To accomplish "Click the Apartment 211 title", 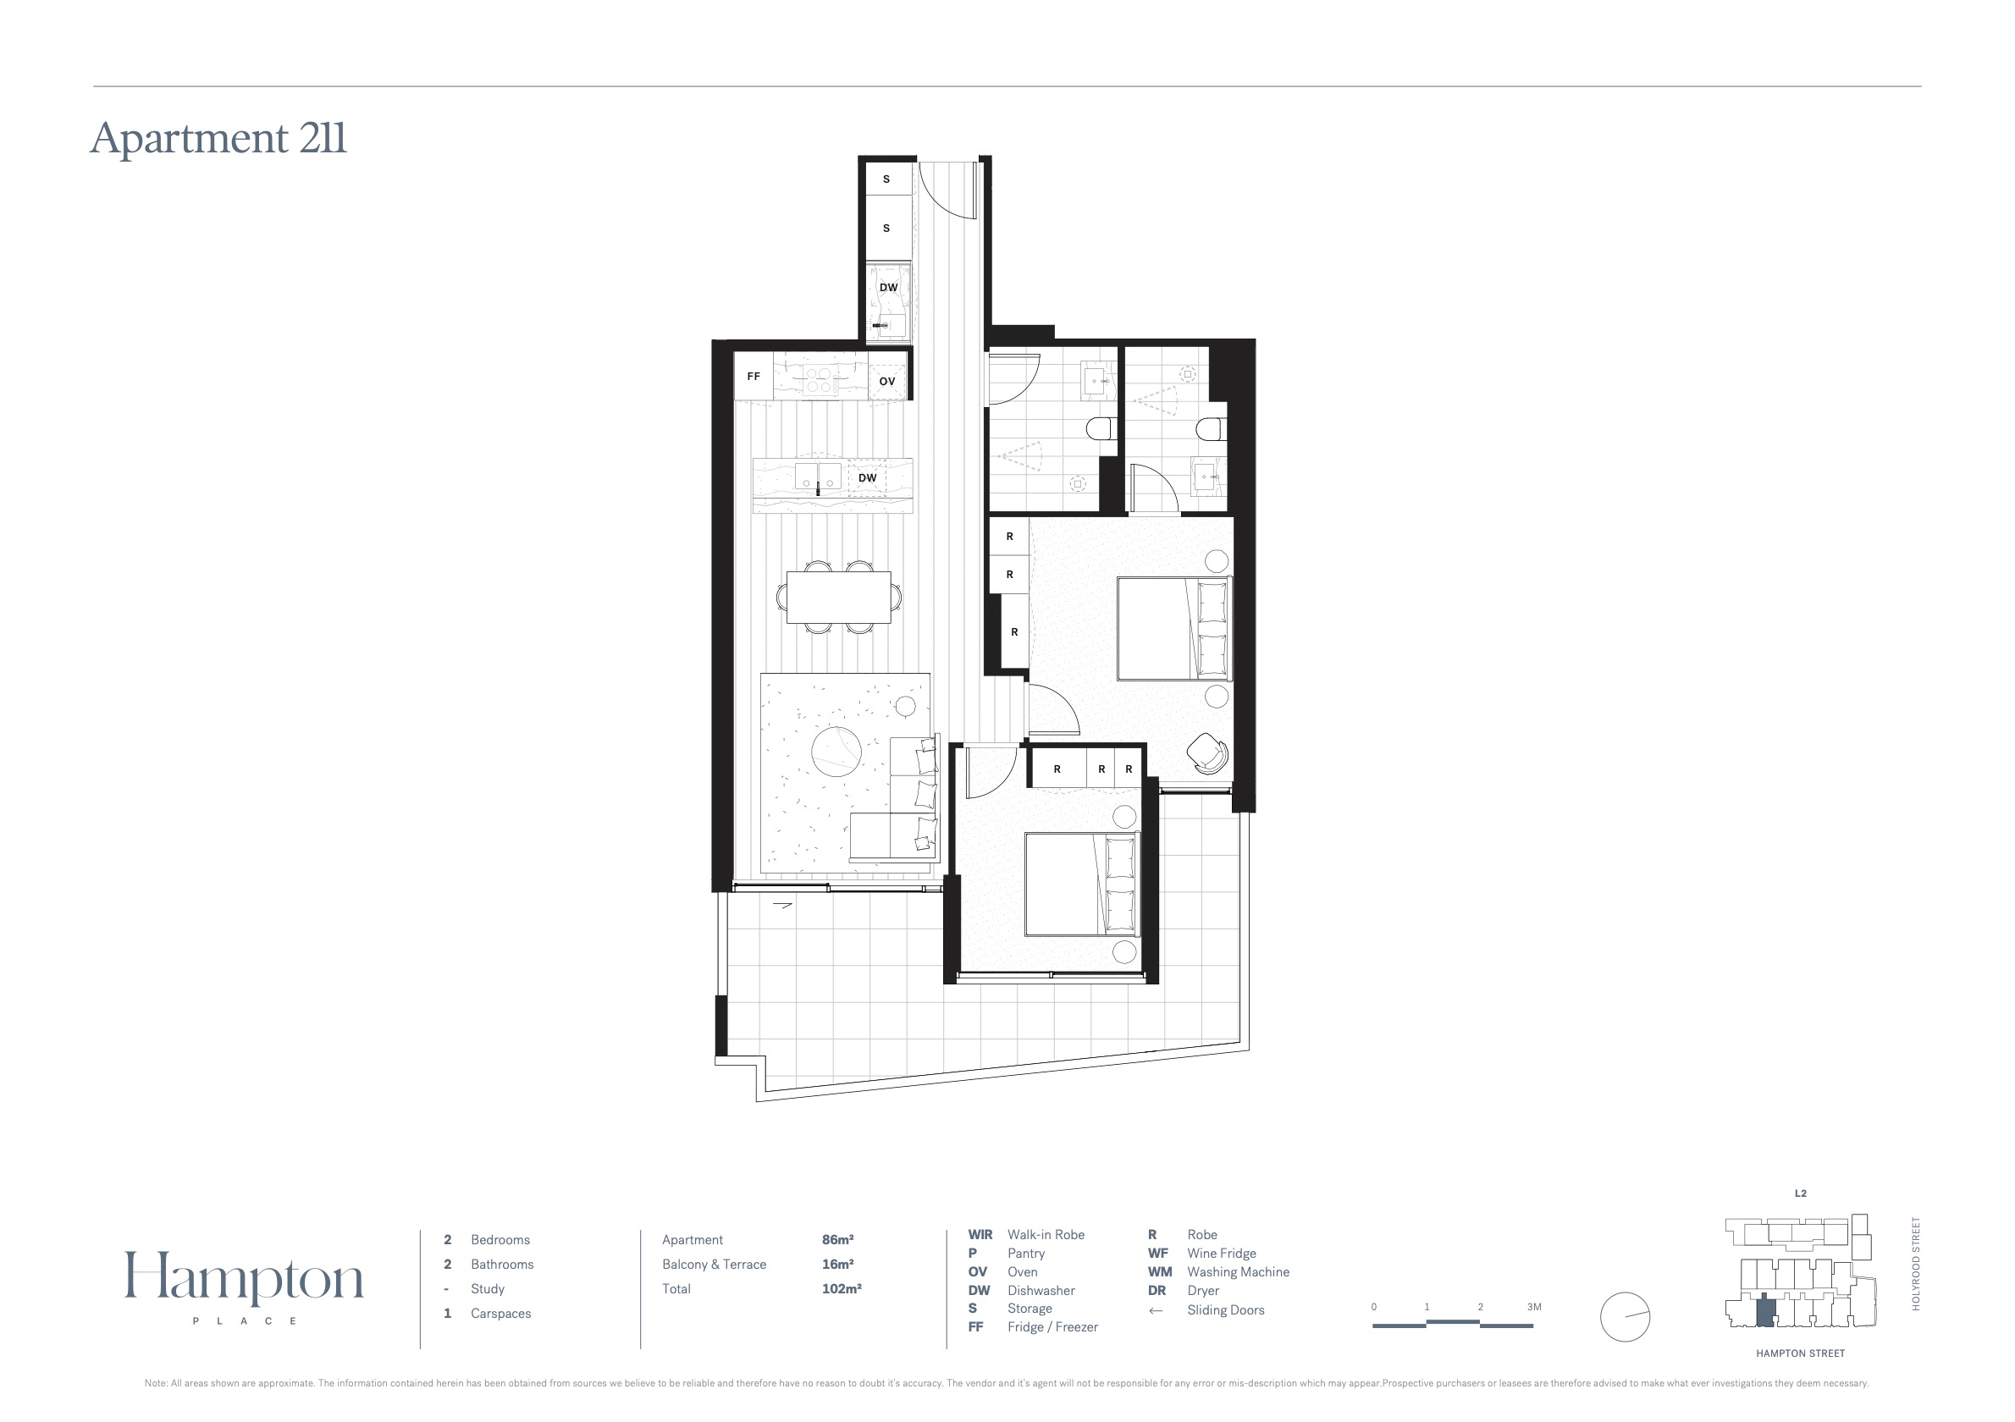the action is tap(218, 138).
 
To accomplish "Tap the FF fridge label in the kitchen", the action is tap(753, 377).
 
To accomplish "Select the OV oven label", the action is tap(887, 382).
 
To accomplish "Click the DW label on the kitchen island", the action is tap(867, 478).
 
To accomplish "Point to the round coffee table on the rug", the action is tap(837, 752).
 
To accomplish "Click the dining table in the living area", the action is tap(839, 598).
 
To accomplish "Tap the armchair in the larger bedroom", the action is tap(1207, 752).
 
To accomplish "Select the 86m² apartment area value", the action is tap(838, 1239).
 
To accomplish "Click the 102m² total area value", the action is tap(842, 1288).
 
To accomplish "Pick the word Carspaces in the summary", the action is tap(501, 1313).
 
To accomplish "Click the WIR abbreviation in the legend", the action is tap(980, 1234).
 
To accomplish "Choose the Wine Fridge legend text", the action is tap(1222, 1254).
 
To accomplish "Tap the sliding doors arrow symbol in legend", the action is tap(1156, 1310).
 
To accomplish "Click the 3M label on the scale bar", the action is tap(1534, 1307).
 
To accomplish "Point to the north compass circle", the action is tap(1626, 1317).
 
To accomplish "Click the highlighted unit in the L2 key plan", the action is tap(1767, 1313).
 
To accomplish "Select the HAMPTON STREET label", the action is tap(1801, 1353).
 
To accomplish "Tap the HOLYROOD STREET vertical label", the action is tap(1916, 1264).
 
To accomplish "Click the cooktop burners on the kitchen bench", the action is tap(819, 380).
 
